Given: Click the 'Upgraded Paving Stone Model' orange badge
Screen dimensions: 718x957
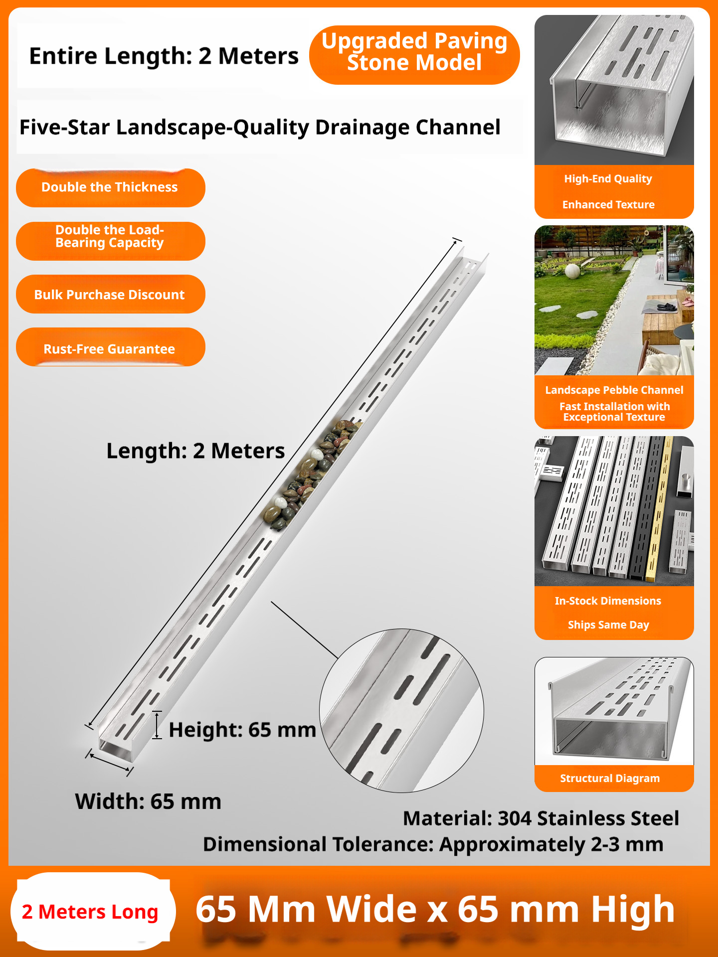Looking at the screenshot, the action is [414, 55].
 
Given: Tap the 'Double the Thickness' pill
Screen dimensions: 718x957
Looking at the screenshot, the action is [110, 188].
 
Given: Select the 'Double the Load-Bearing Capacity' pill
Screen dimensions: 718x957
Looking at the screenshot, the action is [110, 241].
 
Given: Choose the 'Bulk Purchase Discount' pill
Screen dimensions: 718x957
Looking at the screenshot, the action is [110, 294].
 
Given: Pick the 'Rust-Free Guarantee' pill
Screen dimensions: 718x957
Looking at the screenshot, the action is [110, 347].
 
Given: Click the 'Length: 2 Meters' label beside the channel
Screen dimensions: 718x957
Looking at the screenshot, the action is [195, 451].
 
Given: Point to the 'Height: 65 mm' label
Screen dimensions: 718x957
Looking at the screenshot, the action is [242, 730].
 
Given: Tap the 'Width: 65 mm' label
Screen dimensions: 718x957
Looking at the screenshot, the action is [148, 801].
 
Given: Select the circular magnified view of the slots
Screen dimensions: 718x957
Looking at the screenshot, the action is [401, 710].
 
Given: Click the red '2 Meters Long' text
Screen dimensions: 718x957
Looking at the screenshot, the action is [90, 912].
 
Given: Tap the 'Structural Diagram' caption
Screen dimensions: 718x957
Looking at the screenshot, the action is [610, 778].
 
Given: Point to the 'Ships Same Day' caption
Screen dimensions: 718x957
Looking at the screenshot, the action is [608, 625].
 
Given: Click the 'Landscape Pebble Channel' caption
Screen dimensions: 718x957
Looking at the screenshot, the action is [614, 390].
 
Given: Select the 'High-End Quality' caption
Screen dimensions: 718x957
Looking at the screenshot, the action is [608, 178].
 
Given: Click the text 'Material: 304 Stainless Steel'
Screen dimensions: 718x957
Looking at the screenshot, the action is [541, 818].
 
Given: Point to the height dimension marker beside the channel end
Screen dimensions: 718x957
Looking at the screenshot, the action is [157, 725].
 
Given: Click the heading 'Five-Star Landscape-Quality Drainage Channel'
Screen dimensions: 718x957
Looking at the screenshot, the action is [260, 127].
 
